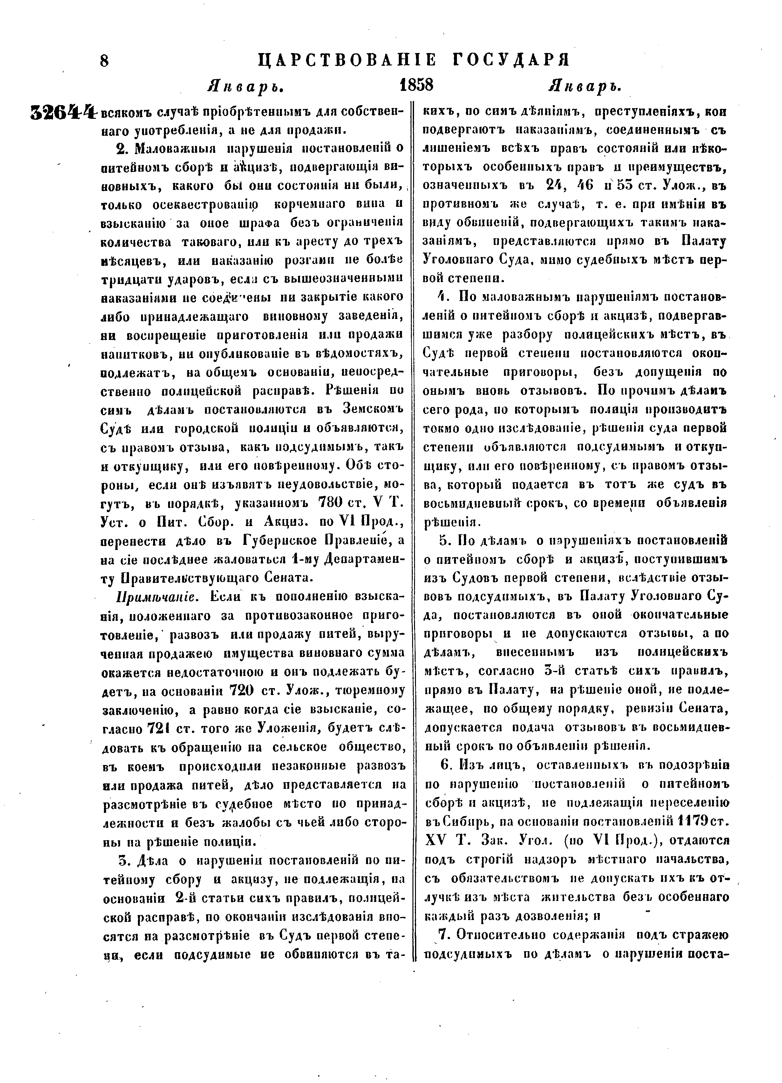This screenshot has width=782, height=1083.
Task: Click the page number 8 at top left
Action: click(105, 61)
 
